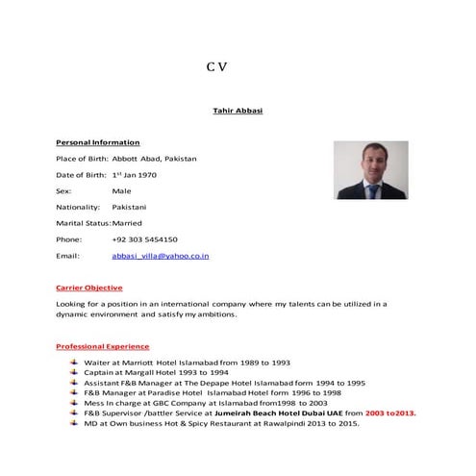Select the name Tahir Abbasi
(237, 111)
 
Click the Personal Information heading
(98, 142)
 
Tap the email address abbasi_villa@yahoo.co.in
(161, 256)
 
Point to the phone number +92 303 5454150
(144, 239)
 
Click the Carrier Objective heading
(89, 288)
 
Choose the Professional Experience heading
(103, 346)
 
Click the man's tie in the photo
(371, 190)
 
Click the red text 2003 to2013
(390, 413)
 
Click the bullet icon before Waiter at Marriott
(75, 363)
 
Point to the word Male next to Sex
(121, 191)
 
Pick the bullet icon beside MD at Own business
(75, 423)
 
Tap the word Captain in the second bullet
(100, 372)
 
